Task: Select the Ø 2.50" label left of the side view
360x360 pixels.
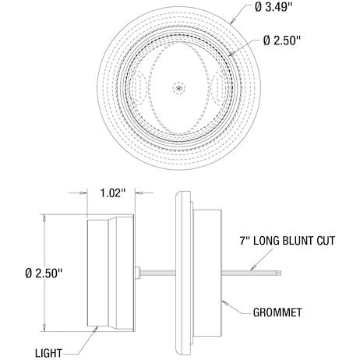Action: point(44,274)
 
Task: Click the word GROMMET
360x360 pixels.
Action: point(277,312)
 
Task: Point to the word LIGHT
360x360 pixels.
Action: point(49,353)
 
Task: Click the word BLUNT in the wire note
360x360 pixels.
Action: point(297,241)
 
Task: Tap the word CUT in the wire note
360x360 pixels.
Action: point(326,241)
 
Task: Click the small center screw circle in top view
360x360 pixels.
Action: point(179,88)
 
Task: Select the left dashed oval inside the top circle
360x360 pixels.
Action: point(138,88)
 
